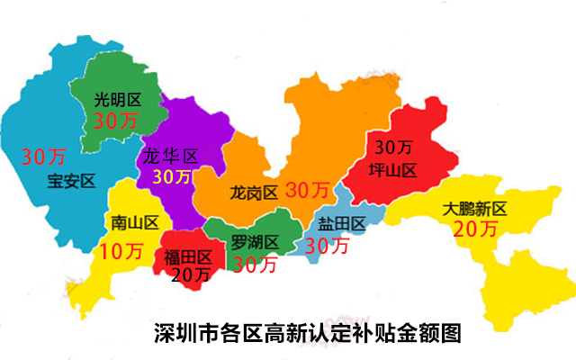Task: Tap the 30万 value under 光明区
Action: click(116, 121)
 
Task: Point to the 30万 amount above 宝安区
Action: click(42, 157)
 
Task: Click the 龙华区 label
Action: click(169, 157)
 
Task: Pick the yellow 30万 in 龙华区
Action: click(171, 176)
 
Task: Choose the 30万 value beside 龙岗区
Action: click(308, 190)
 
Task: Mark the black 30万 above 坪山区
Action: click(393, 147)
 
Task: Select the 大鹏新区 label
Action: click(475, 209)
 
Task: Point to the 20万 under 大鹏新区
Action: click(475, 229)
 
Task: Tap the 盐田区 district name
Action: click(341, 223)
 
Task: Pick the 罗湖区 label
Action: click(255, 242)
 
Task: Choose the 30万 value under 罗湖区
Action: click(256, 264)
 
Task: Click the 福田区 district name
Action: click(188, 256)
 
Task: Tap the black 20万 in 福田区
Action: click(190, 274)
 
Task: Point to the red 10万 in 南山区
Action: click(121, 251)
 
